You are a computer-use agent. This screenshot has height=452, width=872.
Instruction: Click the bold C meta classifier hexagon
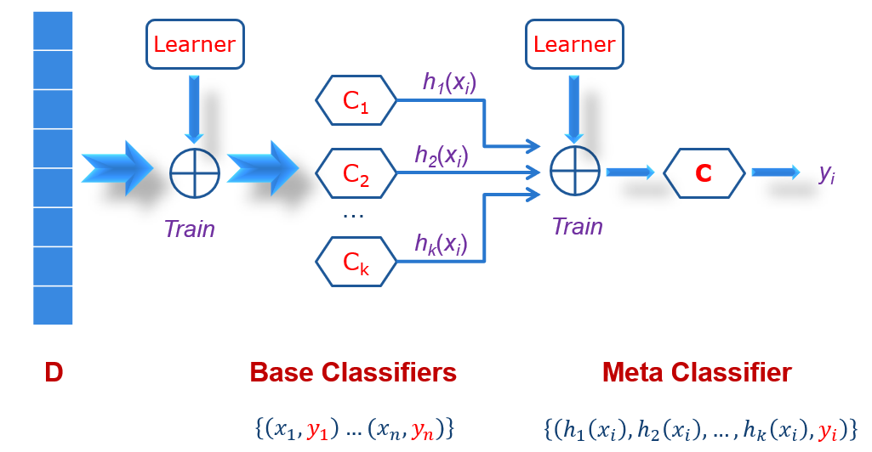(704, 173)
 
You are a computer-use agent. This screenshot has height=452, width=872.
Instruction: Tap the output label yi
(826, 173)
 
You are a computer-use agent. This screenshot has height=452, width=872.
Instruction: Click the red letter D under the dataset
(54, 373)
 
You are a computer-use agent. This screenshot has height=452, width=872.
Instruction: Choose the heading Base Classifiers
(353, 373)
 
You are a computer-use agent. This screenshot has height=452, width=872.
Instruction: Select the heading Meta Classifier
(697, 373)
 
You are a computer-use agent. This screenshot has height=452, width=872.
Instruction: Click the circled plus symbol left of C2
(195, 172)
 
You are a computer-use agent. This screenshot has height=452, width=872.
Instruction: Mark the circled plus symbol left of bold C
(575, 172)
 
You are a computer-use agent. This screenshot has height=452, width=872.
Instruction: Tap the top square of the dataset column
(53, 31)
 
